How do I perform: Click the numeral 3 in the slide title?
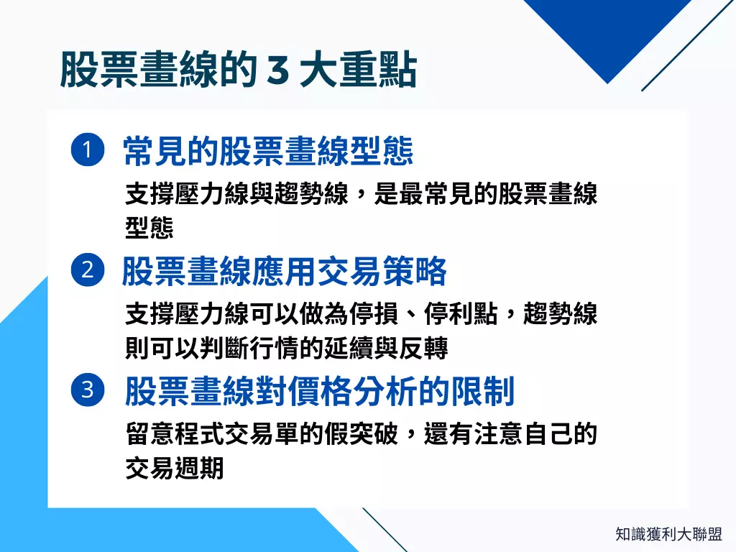[x=277, y=71]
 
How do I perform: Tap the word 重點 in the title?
[x=388, y=71]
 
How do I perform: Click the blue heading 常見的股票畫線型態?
[x=269, y=151]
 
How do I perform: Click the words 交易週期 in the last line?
[x=175, y=469]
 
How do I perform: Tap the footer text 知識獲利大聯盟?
[x=668, y=534]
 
